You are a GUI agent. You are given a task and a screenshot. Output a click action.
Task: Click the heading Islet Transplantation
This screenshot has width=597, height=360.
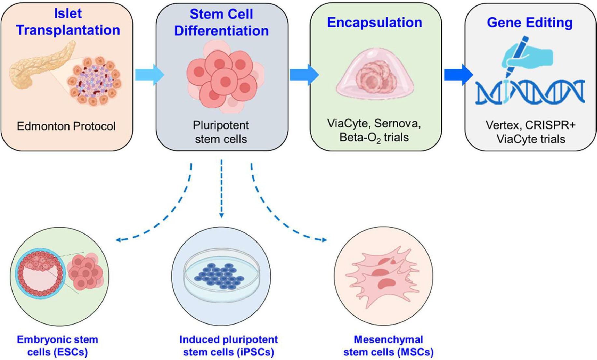[x=68, y=22]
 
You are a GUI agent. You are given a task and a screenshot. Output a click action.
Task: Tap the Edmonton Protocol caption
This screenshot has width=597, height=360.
[x=66, y=126]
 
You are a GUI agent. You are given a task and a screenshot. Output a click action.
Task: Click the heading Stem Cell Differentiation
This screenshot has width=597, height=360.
[x=221, y=22]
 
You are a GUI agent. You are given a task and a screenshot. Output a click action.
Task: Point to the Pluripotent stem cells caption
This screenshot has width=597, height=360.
[x=221, y=132]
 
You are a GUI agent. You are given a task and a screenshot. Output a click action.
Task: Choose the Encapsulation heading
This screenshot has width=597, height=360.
[x=375, y=22]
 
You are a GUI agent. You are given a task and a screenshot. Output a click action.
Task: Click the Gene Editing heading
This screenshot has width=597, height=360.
[x=530, y=22]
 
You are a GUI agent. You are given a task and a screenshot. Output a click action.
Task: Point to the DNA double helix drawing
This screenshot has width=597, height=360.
[x=530, y=92]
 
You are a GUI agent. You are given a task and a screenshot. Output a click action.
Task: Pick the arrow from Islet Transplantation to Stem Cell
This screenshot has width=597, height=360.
[x=149, y=75]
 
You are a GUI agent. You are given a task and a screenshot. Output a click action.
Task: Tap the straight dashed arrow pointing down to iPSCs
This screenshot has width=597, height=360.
[x=221, y=189]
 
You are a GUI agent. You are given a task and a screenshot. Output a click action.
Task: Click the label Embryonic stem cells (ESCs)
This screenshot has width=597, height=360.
[x=57, y=346]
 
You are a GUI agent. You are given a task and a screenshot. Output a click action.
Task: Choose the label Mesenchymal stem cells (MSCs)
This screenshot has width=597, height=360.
[x=388, y=346]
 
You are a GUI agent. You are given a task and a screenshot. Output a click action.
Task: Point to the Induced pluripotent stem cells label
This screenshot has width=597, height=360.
[x=228, y=346]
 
